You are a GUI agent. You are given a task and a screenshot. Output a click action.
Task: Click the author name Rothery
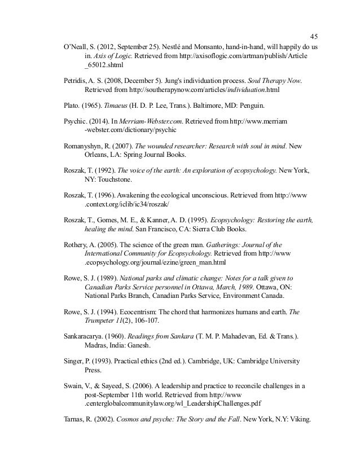tap(76, 245)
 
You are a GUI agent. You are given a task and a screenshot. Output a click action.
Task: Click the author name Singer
tap(74, 361)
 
